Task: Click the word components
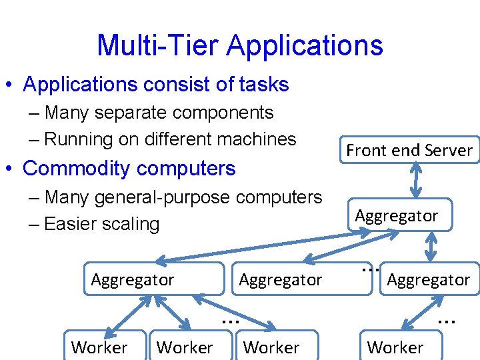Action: pos(227,113)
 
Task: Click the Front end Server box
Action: pos(409,150)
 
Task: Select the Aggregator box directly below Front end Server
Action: pos(396,215)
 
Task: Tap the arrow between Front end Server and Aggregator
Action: pos(416,178)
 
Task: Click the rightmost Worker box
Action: pos(395,347)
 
